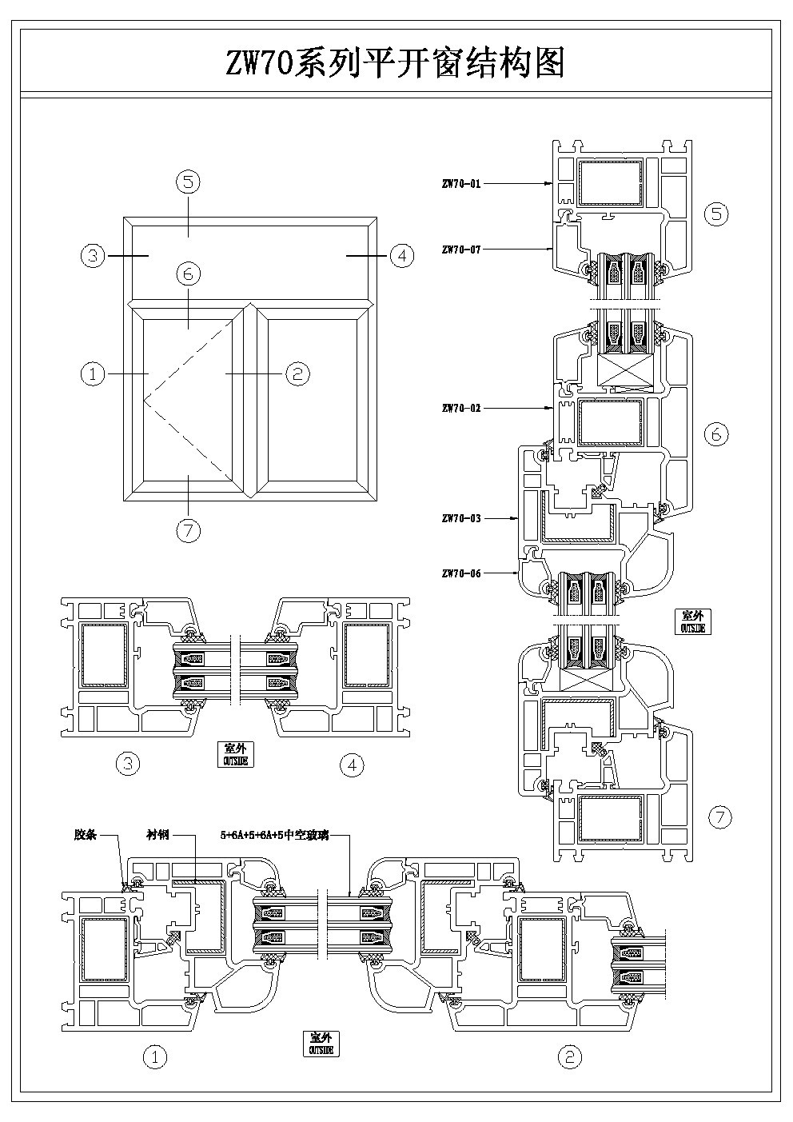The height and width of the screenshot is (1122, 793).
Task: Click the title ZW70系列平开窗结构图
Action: (x=396, y=62)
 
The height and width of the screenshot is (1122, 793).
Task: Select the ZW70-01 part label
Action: (x=461, y=183)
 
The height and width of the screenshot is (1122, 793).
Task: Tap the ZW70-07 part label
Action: (x=461, y=250)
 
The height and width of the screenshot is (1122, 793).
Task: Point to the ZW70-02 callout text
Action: (x=461, y=408)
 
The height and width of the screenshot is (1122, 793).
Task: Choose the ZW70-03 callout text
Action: (x=461, y=518)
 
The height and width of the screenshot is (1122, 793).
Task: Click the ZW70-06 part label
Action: (x=461, y=573)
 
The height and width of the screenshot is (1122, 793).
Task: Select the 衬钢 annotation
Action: (x=158, y=835)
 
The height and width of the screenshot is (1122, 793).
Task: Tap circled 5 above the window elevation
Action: (x=189, y=182)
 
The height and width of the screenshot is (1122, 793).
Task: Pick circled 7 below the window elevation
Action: (x=189, y=530)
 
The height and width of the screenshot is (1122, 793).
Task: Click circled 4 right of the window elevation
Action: (x=401, y=256)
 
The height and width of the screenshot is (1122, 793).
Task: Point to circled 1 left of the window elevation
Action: (x=94, y=373)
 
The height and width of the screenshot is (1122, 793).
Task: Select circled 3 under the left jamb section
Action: (x=128, y=765)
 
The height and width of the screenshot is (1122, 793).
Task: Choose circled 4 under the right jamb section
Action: (x=352, y=765)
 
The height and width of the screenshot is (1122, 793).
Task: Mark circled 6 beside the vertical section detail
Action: (x=716, y=433)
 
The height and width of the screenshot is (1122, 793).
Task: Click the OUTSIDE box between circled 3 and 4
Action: (x=235, y=754)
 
